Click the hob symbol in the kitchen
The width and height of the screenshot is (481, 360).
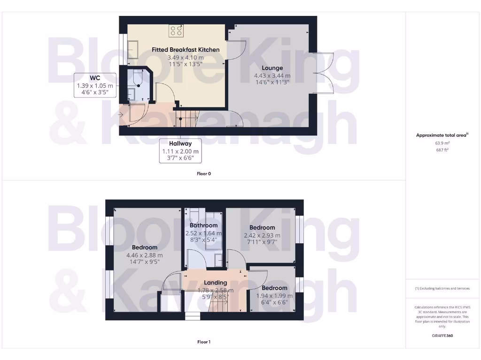pos(177,31)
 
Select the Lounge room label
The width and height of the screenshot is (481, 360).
pos(272,68)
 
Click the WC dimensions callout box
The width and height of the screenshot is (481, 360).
pos(95,85)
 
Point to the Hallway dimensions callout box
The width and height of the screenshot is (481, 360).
pos(180,150)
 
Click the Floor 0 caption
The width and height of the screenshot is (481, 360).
pos(203,173)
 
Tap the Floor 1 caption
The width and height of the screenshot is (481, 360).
pos(203,342)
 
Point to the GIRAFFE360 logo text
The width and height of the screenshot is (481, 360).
pos(442,336)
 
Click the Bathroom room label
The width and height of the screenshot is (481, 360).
pos(203,225)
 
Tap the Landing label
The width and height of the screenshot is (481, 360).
pos(216,283)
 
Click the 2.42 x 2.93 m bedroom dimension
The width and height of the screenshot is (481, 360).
pos(262,235)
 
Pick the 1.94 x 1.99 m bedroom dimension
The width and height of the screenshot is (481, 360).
pos(274,296)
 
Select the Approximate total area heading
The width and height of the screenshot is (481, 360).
pos(442,135)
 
